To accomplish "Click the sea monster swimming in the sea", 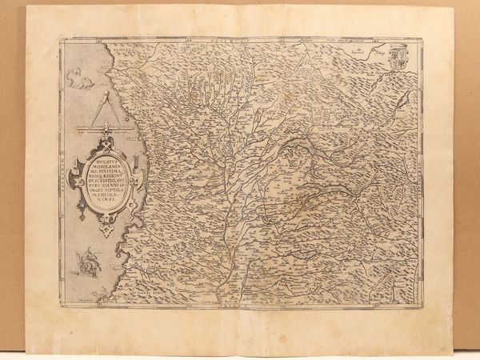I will (x=79, y=77).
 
